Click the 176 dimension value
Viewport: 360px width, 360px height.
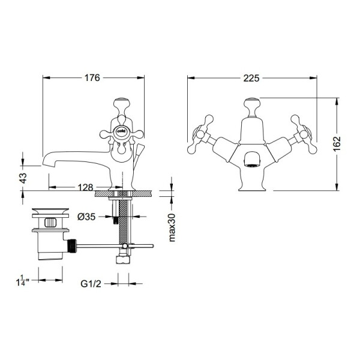(92, 78)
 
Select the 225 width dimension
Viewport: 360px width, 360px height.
(251, 78)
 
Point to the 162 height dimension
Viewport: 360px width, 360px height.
(337, 144)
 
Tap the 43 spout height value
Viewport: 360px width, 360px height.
(23, 178)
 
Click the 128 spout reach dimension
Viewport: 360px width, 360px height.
(85, 187)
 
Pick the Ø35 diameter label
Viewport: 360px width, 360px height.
(86, 217)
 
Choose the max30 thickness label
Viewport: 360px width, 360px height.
(172, 227)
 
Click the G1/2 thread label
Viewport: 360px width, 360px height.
(91, 284)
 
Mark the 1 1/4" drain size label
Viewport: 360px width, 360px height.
(23, 281)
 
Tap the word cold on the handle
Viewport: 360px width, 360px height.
(121, 131)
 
